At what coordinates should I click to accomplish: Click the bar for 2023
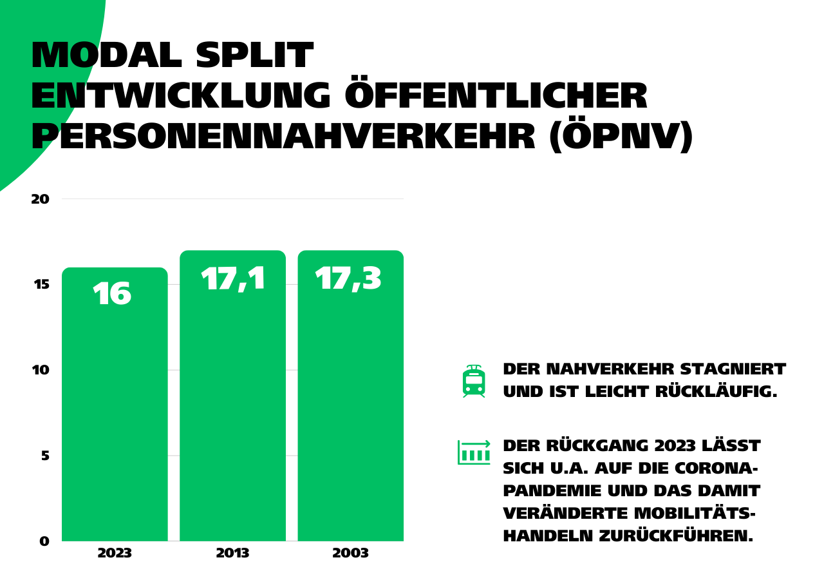(x=115, y=412)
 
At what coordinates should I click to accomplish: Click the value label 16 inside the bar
(x=112, y=295)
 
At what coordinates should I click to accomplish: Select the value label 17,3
(x=348, y=279)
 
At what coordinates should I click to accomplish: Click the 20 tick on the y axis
(x=40, y=199)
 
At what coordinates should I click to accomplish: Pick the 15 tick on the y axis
(x=40, y=284)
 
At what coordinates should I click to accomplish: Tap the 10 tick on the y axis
(x=40, y=370)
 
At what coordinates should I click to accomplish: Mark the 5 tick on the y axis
(x=44, y=456)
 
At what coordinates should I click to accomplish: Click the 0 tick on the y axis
(x=44, y=541)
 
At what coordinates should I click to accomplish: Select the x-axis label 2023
(x=115, y=554)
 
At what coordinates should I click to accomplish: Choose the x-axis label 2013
(x=232, y=554)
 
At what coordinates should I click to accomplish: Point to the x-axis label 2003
(x=350, y=554)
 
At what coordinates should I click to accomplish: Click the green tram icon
(x=474, y=381)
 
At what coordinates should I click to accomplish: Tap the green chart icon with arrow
(x=474, y=452)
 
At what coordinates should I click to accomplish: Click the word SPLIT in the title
(x=254, y=55)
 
